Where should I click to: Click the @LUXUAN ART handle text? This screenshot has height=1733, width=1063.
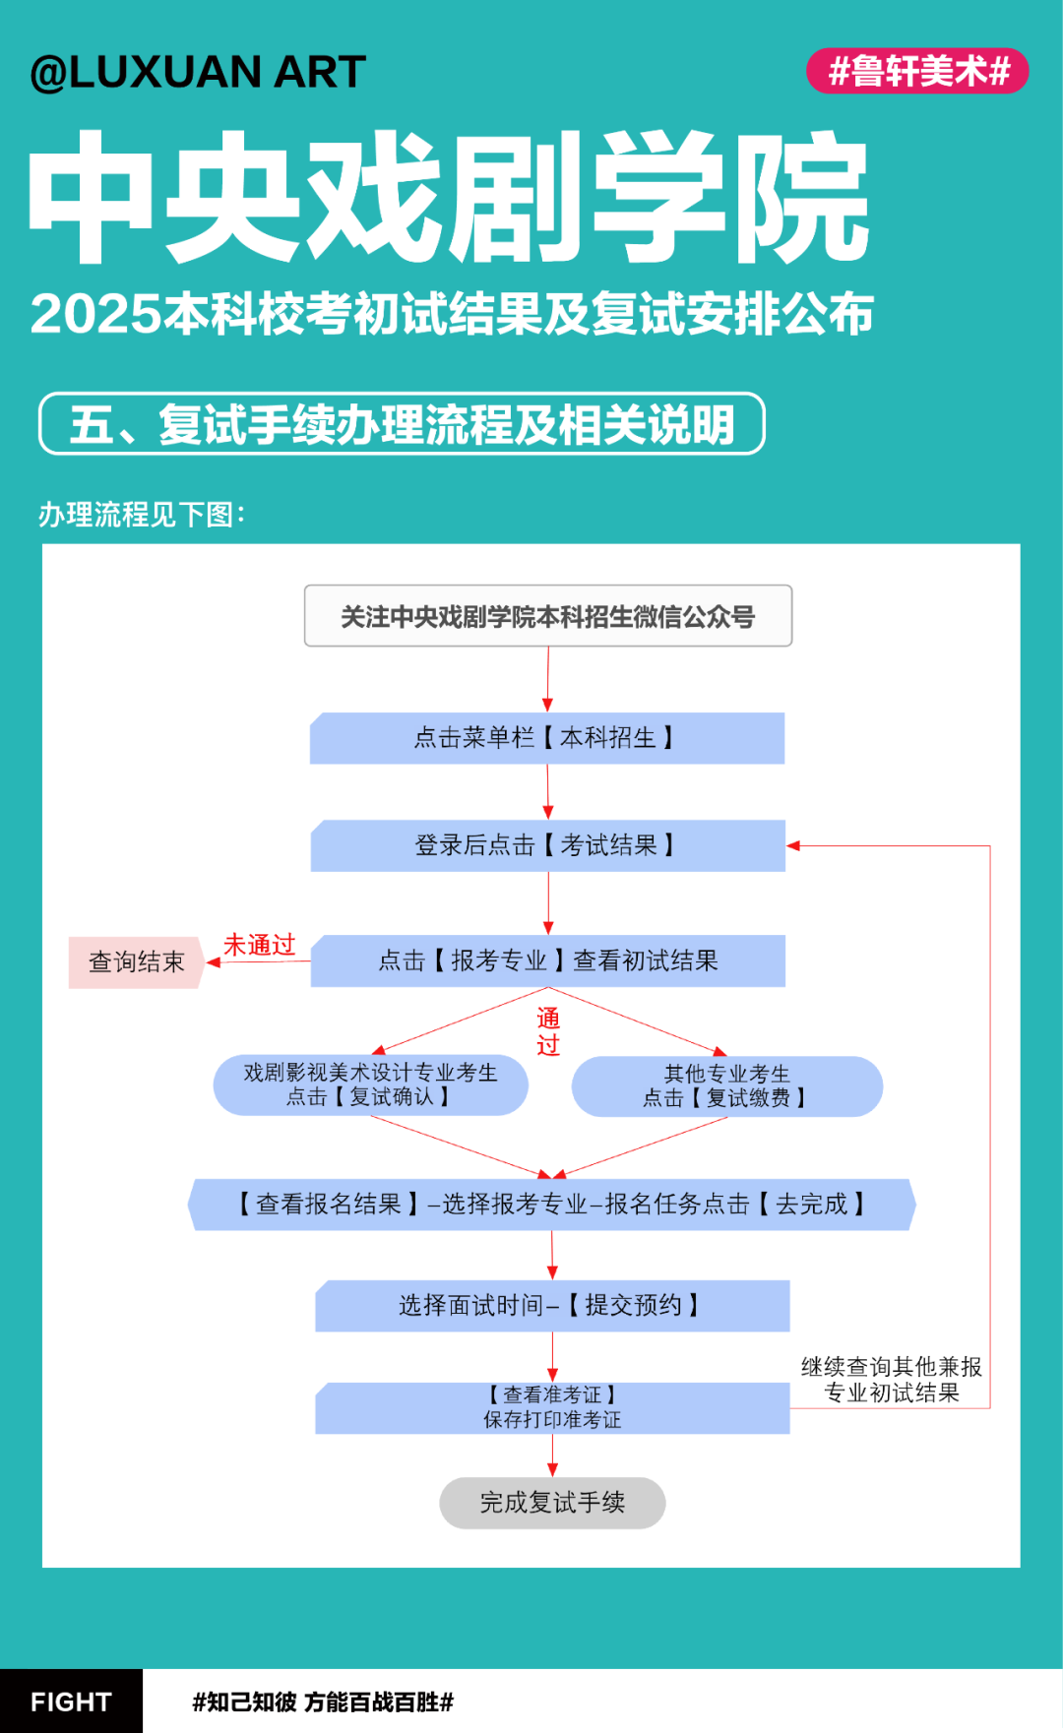198,72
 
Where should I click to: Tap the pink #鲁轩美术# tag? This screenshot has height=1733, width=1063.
917,71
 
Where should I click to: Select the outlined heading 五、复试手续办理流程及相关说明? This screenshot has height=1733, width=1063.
402,424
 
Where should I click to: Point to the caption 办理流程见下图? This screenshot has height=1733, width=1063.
142,514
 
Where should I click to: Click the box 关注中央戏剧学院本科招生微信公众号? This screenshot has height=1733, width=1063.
548,616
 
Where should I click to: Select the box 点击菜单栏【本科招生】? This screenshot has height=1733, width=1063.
547,738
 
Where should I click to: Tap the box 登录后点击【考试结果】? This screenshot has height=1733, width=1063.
548,845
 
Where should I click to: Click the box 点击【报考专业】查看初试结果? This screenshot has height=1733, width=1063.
548,960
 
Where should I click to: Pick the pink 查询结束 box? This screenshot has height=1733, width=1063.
136,961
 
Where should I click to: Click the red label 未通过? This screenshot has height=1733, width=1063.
260,945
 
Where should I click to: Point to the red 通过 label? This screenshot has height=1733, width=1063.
548,1031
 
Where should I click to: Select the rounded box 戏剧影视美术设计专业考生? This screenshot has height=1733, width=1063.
371,1084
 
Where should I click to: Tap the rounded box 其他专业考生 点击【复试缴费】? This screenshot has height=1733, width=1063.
727,1086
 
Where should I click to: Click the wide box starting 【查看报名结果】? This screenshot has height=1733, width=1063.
552,1205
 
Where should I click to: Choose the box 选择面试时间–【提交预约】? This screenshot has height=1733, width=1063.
552,1306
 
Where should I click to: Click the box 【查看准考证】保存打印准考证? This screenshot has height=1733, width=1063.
552,1408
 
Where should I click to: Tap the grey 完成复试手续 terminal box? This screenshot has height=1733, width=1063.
552,1503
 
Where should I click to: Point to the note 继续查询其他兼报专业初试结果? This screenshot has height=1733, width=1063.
892,1380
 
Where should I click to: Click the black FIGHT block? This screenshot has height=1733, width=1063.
71,1701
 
